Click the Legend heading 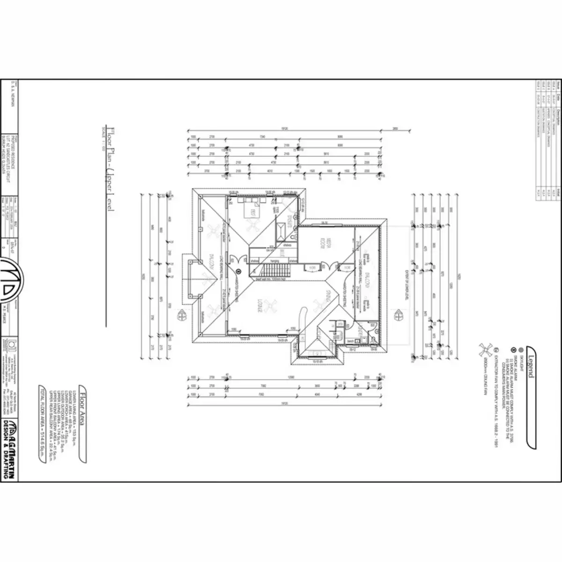pos(530,362)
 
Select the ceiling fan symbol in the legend pos(485,350)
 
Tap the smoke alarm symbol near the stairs pos(238,271)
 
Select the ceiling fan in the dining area pos(323,307)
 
